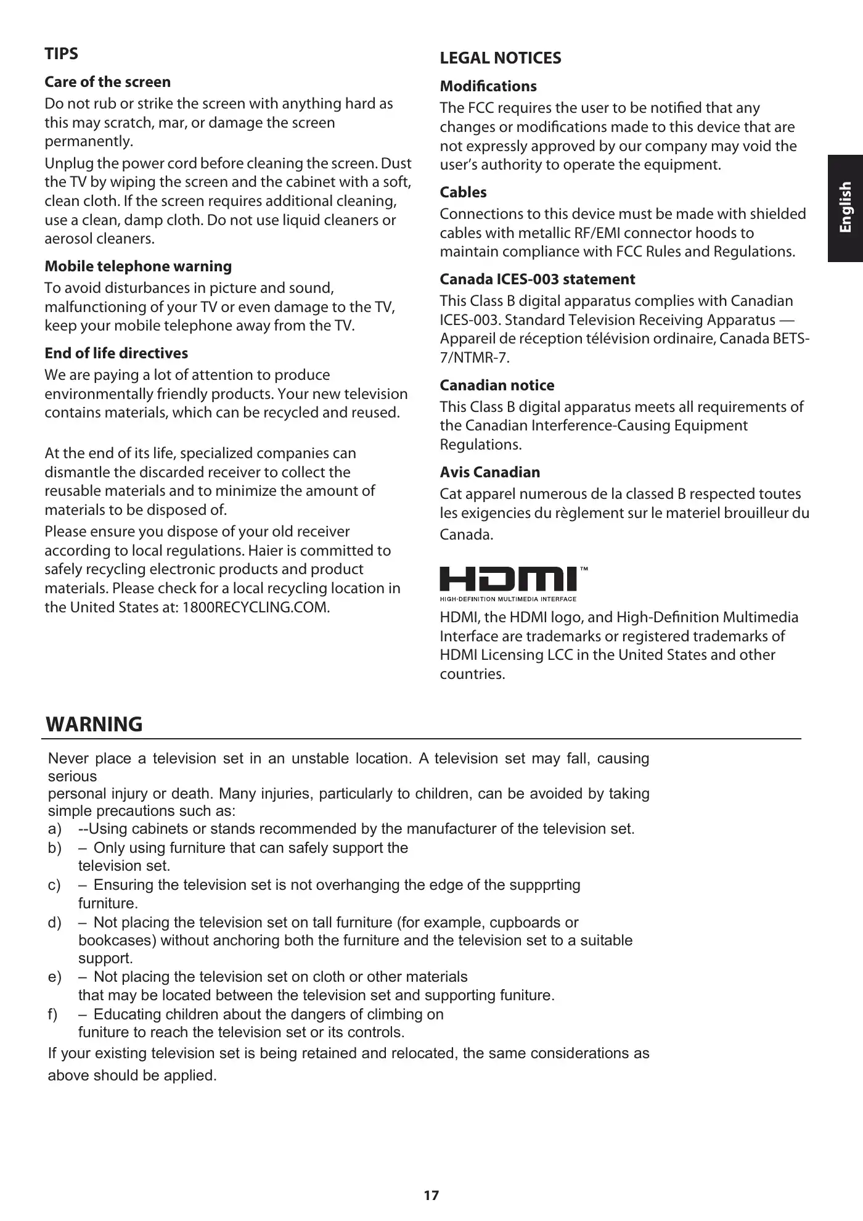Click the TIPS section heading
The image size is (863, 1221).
pos(61,54)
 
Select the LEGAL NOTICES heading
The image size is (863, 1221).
pos(500,58)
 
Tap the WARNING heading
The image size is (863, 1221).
pos(94,724)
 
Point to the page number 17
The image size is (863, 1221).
pos(431,1195)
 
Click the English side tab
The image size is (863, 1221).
pos(845,207)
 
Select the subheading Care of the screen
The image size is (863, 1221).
pos(107,82)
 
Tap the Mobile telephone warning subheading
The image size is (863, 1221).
pos(138,266)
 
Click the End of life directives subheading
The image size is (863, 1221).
pos(116,353)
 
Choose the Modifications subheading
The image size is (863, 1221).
pos(488,86)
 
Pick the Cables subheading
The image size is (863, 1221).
pos(463,192)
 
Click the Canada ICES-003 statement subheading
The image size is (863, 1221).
pos(537,279)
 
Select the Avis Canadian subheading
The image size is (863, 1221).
pos(489,472)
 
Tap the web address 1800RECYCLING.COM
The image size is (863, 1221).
pos(256,607)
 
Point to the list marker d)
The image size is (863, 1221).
pos(55,923)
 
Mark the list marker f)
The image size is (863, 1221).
pos(53,1014)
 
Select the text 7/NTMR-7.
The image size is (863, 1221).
pos(465,358)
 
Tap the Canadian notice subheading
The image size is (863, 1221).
pos(497,385)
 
